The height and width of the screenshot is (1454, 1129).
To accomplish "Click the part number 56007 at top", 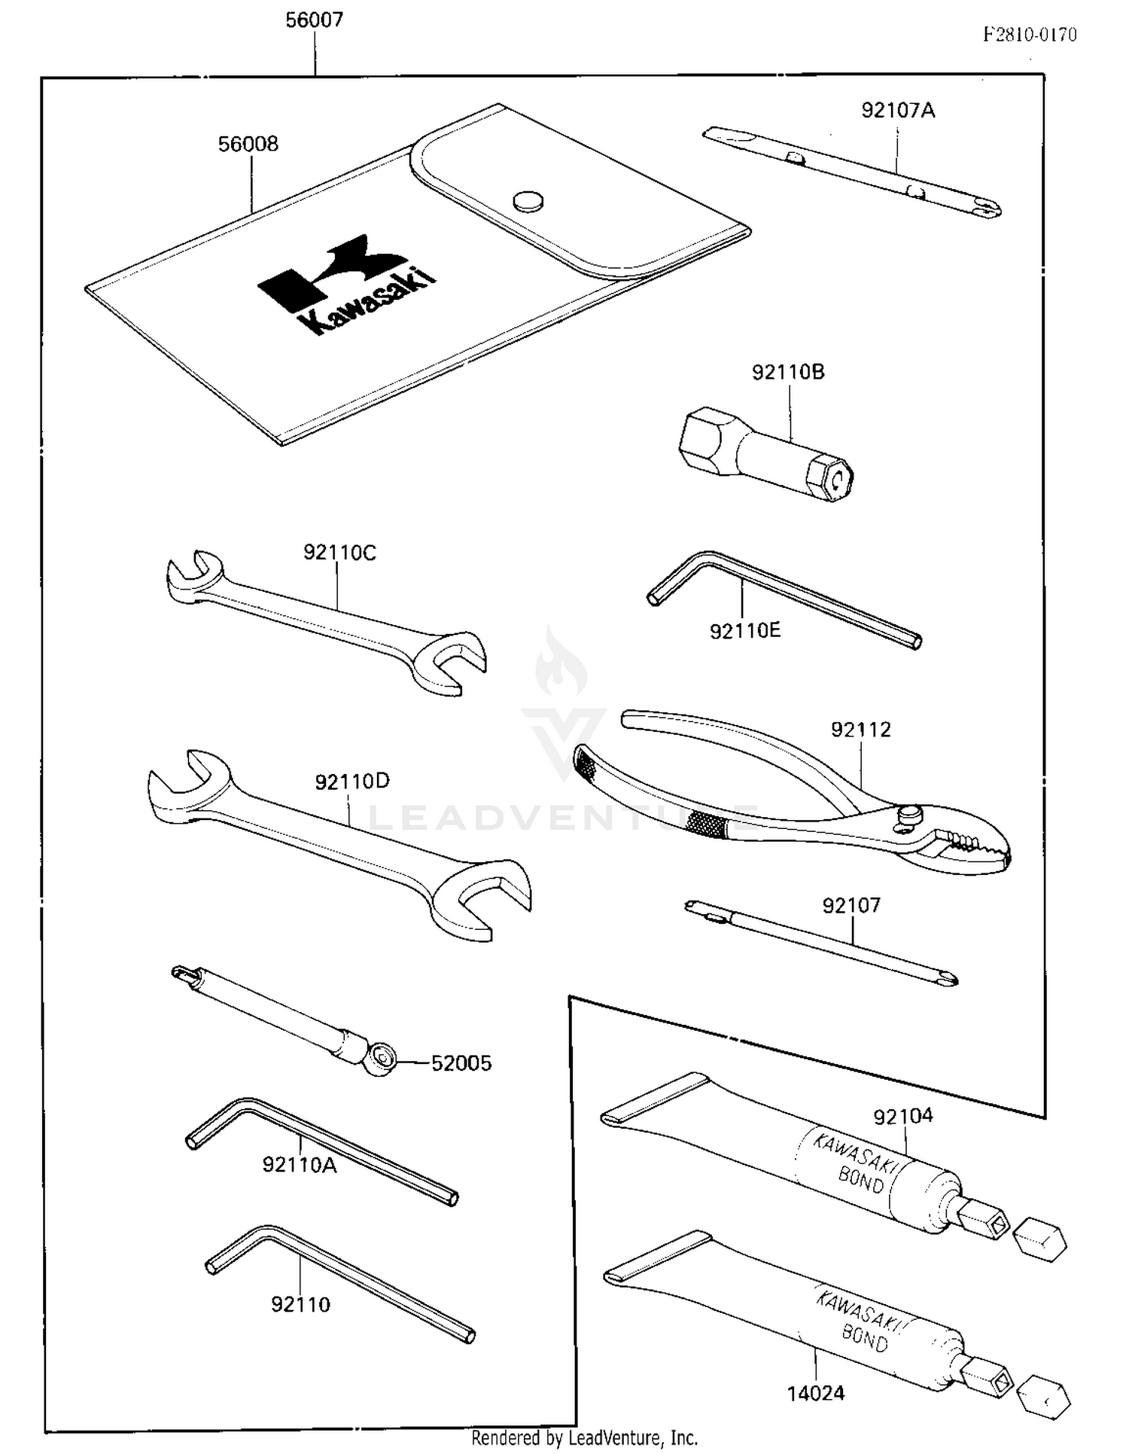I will click(x=314, y=20).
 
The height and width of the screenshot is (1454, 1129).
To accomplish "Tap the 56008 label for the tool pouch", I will click(x=248, y=144).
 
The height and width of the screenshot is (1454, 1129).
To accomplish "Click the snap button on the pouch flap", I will click(x=528, y=200).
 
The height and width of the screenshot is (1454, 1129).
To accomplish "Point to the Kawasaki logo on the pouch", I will click(x=347, y=285).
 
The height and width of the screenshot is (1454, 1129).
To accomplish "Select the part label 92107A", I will click(x=898, y=111).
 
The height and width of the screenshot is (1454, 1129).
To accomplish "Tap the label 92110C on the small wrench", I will click(x=339, y=553).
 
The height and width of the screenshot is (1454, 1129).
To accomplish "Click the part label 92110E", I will click(x=745, y=631).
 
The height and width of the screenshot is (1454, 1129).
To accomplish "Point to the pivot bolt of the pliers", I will click(x=909, y=814).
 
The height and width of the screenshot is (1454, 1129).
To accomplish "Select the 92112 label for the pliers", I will click(x=860, y=730).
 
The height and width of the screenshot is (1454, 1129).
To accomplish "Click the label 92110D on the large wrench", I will click(x=352, y=782).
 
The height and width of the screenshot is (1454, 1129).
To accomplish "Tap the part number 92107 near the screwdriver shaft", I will click(x=851, y=905).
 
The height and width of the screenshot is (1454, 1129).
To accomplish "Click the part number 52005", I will click(x=461, y=1063).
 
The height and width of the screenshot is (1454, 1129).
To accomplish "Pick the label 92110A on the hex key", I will click(x=299, y=1165).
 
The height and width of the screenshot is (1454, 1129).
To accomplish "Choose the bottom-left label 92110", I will click(x=300, y=1304).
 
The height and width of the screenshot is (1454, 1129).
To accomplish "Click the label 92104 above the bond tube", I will click(x=902, y=1116).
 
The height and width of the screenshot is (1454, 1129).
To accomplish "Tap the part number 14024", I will click(x=816, y=1394).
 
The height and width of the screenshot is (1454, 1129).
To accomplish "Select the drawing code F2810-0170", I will click(x=1029, y=35).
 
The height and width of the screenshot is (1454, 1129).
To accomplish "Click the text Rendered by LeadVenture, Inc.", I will click(x=584, y=1438).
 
